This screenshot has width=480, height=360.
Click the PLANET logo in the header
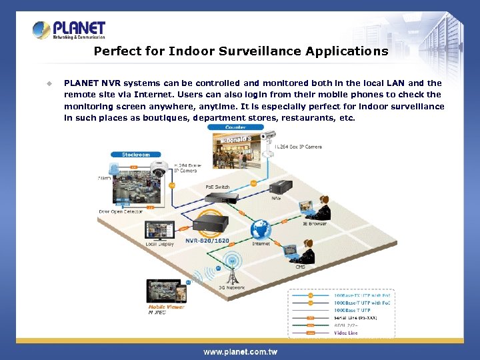pos(69,30)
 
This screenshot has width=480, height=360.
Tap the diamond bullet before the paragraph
pos(49,84)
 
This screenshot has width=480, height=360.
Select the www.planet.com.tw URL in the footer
pos(240,352)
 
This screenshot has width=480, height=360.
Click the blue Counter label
pos(235,127)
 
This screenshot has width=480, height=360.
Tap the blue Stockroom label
pos(135,155)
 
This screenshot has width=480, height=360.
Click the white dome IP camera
pos(159,171)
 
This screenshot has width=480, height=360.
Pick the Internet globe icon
pos(260,230)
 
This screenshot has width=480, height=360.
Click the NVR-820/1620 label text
pos(207,240)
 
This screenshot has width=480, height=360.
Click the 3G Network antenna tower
pos(231,270)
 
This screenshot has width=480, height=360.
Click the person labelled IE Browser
pos(321,208)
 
